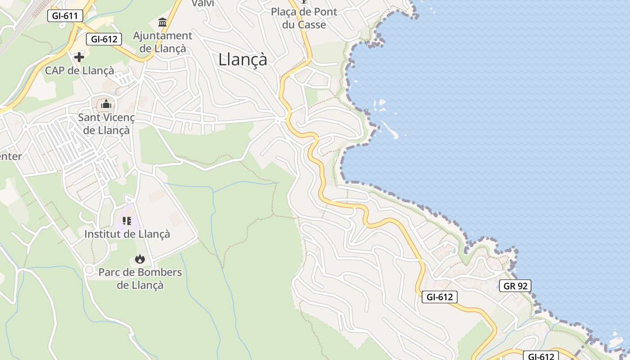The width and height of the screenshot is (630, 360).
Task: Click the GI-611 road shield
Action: pos(65,16)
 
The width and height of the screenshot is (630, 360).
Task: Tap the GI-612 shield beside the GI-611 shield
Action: pos(104,39)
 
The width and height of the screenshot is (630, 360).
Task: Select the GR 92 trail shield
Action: pos(515,286)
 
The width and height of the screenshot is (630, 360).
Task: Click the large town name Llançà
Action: pos(243,59)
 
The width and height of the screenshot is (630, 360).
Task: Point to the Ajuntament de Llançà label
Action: pos(162,42)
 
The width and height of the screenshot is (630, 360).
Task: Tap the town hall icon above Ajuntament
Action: pos(162,22)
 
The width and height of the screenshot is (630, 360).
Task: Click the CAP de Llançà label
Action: pos(79,71)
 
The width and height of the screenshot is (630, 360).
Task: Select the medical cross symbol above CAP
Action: pos(79,57)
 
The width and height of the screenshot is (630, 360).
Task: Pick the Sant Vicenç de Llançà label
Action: pos(106,124)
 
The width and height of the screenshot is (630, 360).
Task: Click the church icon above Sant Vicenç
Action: pos(106,105)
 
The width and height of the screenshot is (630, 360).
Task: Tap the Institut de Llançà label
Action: pos(127,234)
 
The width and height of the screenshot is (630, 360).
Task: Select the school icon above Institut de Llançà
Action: pos(127,220)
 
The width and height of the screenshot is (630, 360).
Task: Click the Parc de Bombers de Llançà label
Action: pos(140,279)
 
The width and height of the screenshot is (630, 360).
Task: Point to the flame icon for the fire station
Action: pos(140,259)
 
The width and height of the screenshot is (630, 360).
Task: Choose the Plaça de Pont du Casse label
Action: pos(304,18)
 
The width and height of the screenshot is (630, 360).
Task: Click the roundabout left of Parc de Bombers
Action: pos(89,270)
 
